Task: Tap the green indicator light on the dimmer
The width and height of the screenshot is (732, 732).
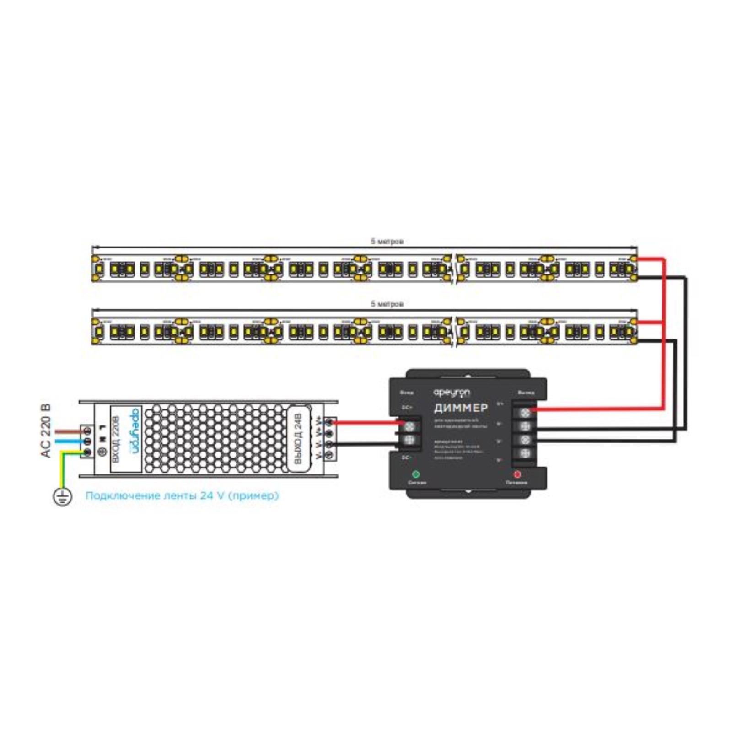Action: coord(416,474)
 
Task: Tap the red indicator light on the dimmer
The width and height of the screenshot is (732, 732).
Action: coord(517,474)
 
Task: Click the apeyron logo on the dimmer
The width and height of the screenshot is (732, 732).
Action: coord(452,393)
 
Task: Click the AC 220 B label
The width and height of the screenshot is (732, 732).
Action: coord(46,431)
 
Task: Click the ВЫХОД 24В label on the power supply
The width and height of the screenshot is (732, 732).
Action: coord(298,438)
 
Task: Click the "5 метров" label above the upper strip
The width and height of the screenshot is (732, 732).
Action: coord(387,241)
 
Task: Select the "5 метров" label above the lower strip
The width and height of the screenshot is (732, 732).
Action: coord(387,304)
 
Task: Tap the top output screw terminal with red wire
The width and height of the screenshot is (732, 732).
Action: coord(525,413)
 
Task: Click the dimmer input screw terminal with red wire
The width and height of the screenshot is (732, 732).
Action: coord(410,426)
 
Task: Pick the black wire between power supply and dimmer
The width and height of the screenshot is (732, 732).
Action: coord(366,444)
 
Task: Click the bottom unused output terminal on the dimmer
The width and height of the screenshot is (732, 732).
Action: coord(525,453)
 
